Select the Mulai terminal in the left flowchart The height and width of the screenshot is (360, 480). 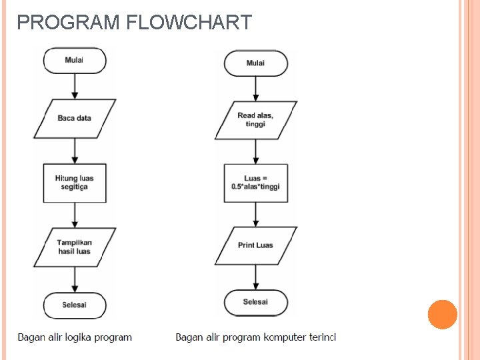click(x=75, y=60)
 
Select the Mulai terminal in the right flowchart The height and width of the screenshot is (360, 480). click(x=256, y=63)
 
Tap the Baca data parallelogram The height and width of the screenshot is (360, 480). click(x=75, y=119)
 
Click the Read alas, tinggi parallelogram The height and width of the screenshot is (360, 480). click(x=256, y=120)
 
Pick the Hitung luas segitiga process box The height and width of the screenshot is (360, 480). click(x=75, y=183)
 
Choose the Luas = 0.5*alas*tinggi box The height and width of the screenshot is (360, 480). click(x=256, y=183)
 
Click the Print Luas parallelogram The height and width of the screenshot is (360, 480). click(x=256, y=245)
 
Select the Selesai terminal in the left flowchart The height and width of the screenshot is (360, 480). click(x=75, y=305)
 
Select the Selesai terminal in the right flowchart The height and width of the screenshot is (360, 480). click(x=256, y=302)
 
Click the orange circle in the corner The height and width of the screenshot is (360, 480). click(x=442, y=314)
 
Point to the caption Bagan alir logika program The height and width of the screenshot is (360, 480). click(x=75, y=337)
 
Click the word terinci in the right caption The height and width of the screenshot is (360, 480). click(x=323, y=337)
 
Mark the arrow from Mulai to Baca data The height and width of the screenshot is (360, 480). click(x=75, y=86)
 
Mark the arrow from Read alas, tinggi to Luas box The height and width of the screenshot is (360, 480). click(x=256, y=151)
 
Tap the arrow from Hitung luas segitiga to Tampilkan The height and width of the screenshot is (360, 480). click(x=75, y=215)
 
